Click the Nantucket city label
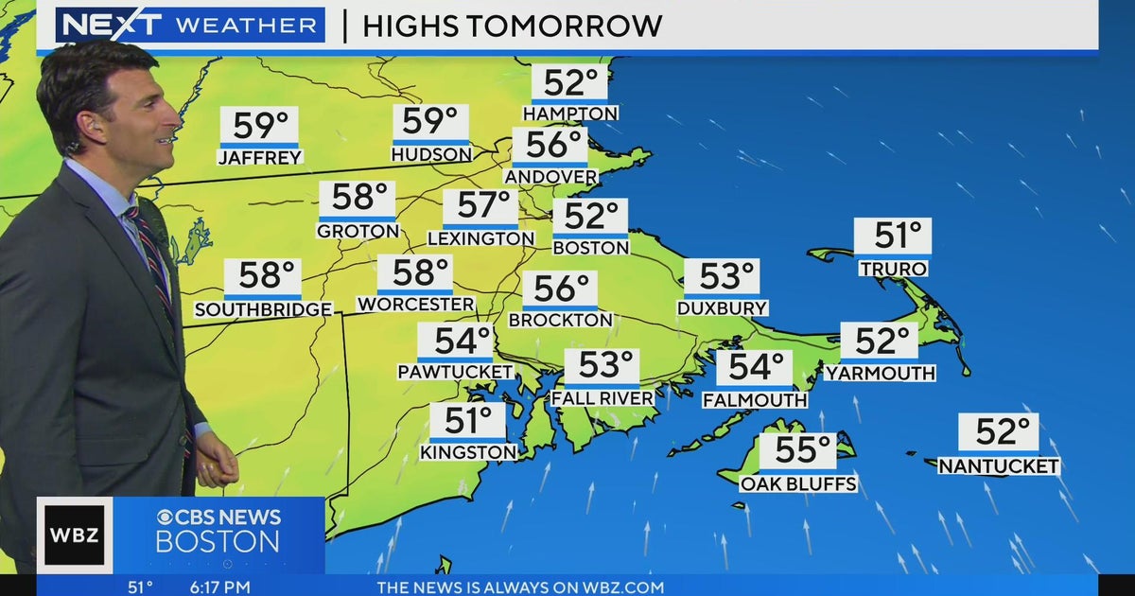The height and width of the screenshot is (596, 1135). [x=999, y=466]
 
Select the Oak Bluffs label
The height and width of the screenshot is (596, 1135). [x=798, y=484]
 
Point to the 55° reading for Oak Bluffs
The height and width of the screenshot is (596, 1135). [x=798, y=451]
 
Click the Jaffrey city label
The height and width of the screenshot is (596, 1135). [x=259, y=158]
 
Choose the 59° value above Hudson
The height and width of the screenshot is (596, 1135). [x=431, y=122]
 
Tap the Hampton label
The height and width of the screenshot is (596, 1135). [x=570, y=114]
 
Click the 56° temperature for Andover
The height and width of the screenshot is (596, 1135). [x=551, y=145]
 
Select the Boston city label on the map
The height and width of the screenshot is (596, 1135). [x=591, y=247]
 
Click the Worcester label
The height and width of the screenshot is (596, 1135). [x=415, y=305]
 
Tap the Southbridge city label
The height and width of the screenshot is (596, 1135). [x=263, y=309]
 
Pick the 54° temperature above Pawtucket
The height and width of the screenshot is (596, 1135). [x=456, y=341]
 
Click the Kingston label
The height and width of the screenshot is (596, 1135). [x=468, y=452]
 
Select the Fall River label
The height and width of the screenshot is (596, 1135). [x=602, y=398]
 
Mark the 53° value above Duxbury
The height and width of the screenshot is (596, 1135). [x=722, y=276]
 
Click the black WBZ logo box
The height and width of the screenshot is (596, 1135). [x=75, y=535]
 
